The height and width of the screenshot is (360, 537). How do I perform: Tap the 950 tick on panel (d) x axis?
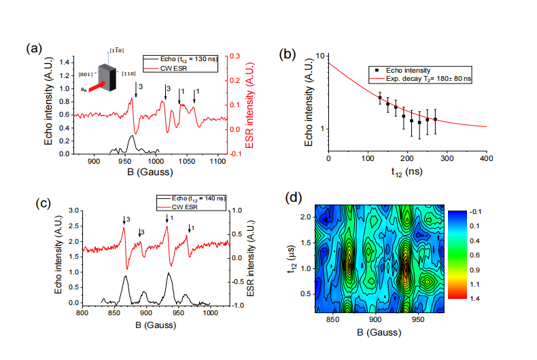(x=418, y=318)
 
